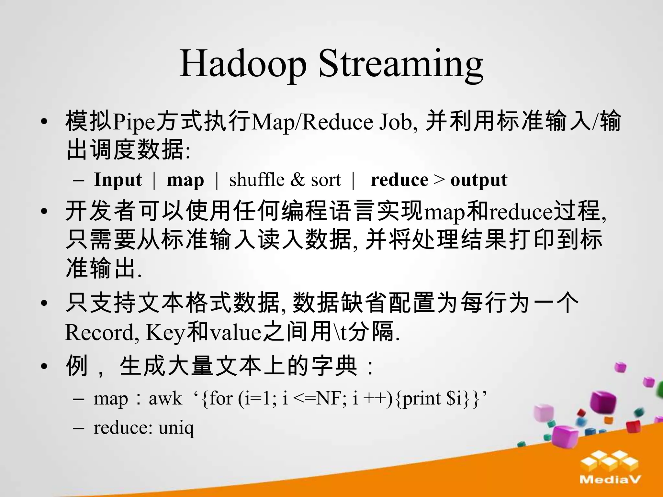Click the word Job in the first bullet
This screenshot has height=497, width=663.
pos(397,122)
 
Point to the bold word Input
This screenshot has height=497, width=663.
pos(118,180)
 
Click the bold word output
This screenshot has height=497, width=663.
pos(479,180)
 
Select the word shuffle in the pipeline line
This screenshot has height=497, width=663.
pos(257,180)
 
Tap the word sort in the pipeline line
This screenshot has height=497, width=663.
pos(326,180)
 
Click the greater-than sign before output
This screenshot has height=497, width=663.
pos(439,180)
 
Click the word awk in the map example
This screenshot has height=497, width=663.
pos(165,398)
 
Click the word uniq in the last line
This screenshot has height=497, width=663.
pos(176,428)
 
